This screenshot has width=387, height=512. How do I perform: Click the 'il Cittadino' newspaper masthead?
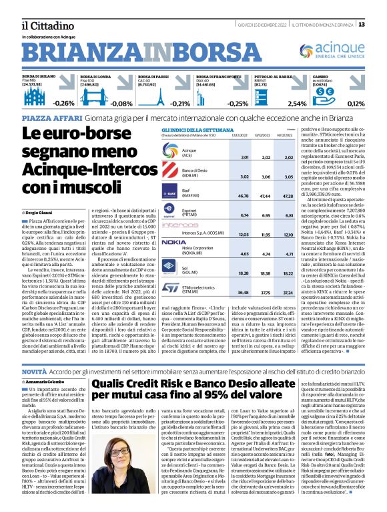[41, 24]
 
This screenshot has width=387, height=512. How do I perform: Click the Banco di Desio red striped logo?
[174, 172]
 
